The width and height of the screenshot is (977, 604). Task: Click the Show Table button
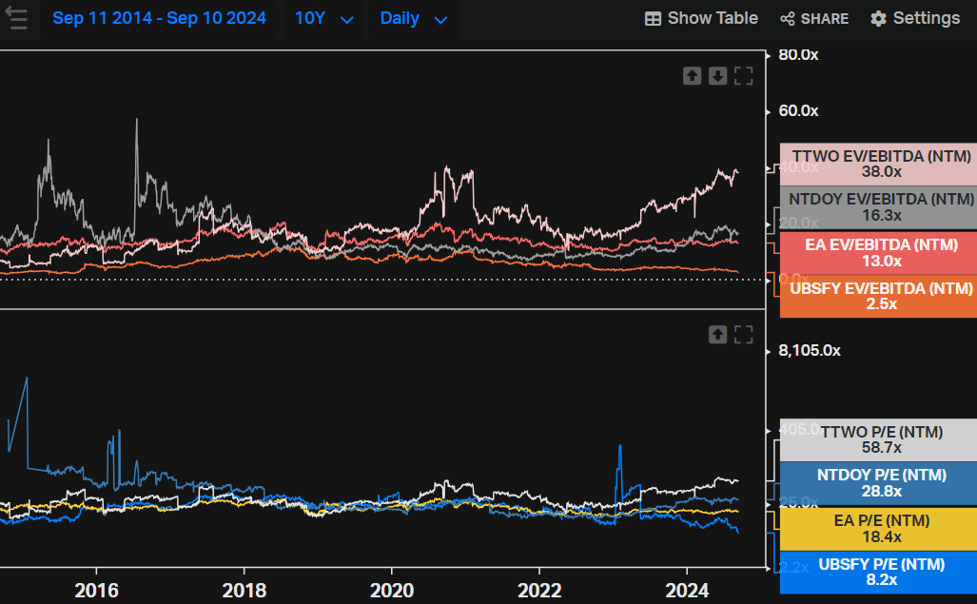coord(701,19)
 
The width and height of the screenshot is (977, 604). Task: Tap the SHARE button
coord(814,19)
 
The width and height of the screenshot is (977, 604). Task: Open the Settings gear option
coord(914,19)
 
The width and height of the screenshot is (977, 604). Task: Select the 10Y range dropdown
coord(323,19)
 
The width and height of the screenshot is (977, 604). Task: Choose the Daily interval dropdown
coord(413,19)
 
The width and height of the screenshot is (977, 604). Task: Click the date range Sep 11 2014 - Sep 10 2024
coord(159,19)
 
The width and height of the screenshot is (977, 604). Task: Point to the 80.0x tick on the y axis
coord(798,55)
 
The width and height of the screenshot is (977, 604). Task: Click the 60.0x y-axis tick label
coord(798,111)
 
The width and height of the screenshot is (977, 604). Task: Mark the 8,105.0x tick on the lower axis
coord(809,351)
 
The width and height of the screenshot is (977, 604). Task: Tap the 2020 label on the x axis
coord(393,591)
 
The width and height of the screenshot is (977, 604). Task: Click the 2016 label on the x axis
coord(97,591)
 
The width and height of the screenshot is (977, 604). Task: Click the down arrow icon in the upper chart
coord(718,76)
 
